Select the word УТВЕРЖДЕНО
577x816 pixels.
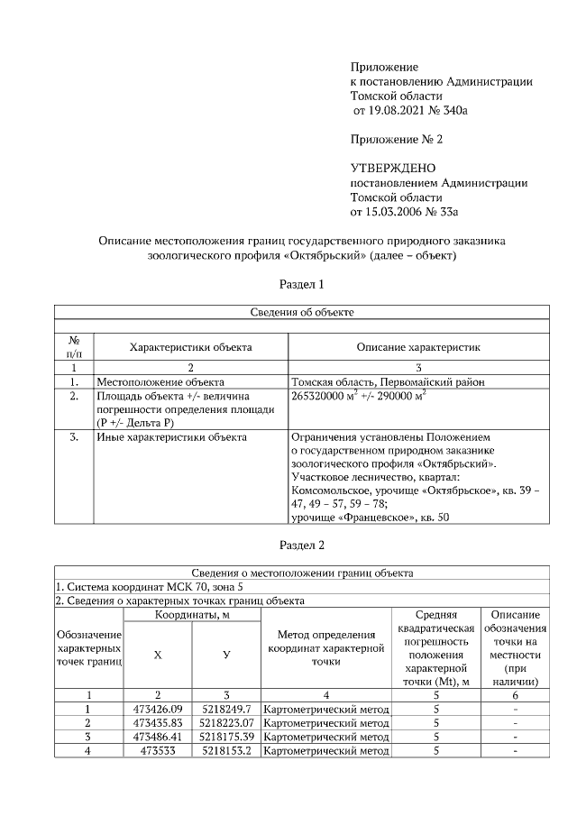392,168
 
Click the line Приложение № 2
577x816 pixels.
397,139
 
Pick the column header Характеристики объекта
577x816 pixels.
190,346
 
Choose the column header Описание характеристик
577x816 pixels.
418,346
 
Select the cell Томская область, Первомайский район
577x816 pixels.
388,381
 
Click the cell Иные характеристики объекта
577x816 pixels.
170,438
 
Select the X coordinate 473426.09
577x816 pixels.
158,709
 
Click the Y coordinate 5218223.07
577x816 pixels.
226,722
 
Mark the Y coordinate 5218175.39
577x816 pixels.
226,736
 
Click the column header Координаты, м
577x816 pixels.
192,614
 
